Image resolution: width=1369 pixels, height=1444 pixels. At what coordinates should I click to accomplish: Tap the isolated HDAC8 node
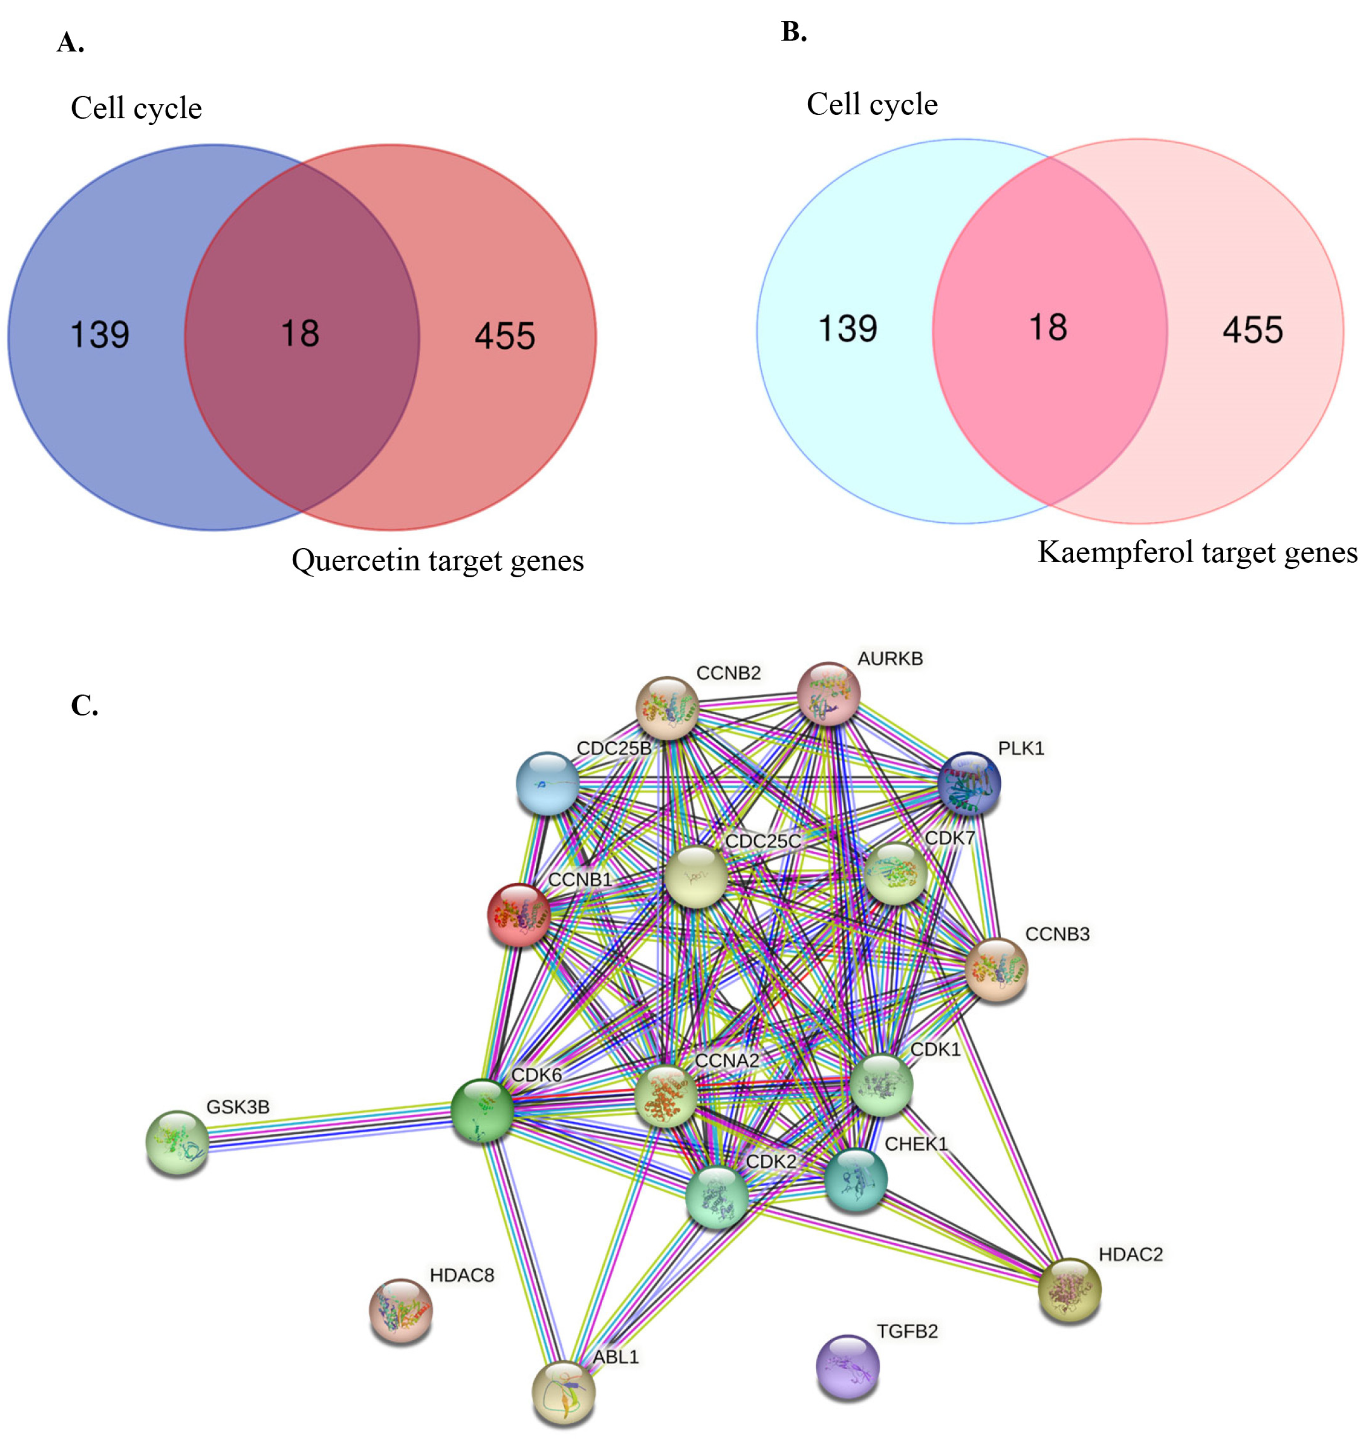click(401, 1311)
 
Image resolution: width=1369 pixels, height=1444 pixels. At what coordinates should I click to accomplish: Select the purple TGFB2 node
click(847, 1367)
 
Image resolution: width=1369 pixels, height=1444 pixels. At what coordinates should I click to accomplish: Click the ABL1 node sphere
click(563, 1392)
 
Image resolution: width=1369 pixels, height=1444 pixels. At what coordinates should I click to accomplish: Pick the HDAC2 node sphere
click(1069, 1290)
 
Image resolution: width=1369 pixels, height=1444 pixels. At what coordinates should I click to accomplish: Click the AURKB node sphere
click(828, 693)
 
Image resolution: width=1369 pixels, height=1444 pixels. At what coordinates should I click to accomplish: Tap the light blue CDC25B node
click(547, 783)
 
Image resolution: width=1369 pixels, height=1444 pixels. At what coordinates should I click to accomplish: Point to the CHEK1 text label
click(916, 1144)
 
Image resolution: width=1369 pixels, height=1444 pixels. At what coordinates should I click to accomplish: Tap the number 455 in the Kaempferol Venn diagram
click(1252, 330)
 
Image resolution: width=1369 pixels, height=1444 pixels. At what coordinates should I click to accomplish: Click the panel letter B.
click(793, 32)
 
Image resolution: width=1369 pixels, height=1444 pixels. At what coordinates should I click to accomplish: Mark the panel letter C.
click(84, 705)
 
